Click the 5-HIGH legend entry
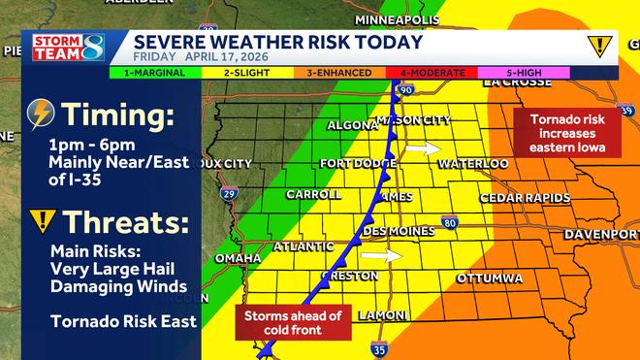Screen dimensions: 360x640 pos(524,72)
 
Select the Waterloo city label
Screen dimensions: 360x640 pos(473,164)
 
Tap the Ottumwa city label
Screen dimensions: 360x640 pos(490,278)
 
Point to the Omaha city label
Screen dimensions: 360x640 pos(238,258)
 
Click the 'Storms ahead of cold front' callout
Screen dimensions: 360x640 pos(292,322)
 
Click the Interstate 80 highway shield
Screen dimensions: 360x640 pos(450,223)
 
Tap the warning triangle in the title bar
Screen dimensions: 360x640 pos(600,45)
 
